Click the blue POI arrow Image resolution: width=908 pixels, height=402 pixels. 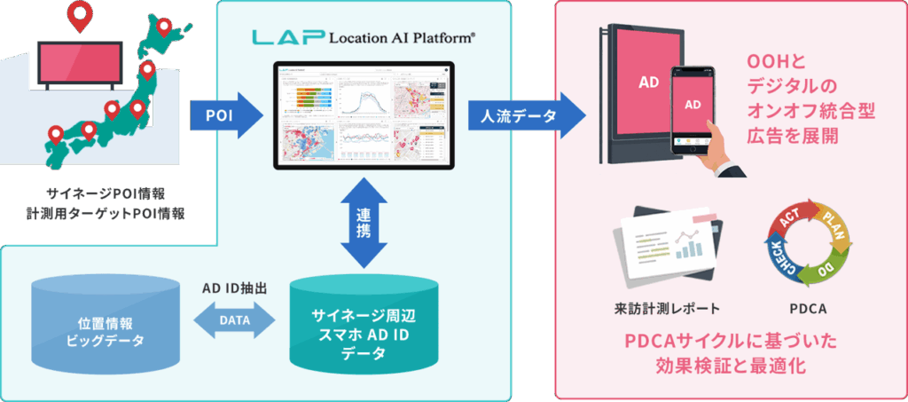(x=226, y=115)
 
